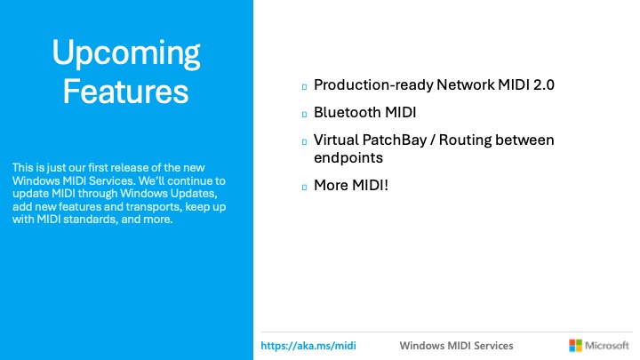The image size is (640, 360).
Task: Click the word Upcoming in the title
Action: point(125,54)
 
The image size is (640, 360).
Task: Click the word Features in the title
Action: point(125,91)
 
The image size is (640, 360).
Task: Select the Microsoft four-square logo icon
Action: point(574,345)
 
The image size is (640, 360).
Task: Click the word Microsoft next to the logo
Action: point(607,345)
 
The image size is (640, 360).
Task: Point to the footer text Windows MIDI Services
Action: point(456,345)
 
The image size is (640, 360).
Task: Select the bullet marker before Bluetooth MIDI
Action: point(303,115)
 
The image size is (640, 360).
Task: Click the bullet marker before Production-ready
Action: point(303,87)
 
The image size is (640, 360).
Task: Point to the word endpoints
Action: point(348,157)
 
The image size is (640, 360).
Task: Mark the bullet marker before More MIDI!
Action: point(303,188)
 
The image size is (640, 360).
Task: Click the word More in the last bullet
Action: point(331,186)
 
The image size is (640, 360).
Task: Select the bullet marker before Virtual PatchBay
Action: point(303,142)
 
